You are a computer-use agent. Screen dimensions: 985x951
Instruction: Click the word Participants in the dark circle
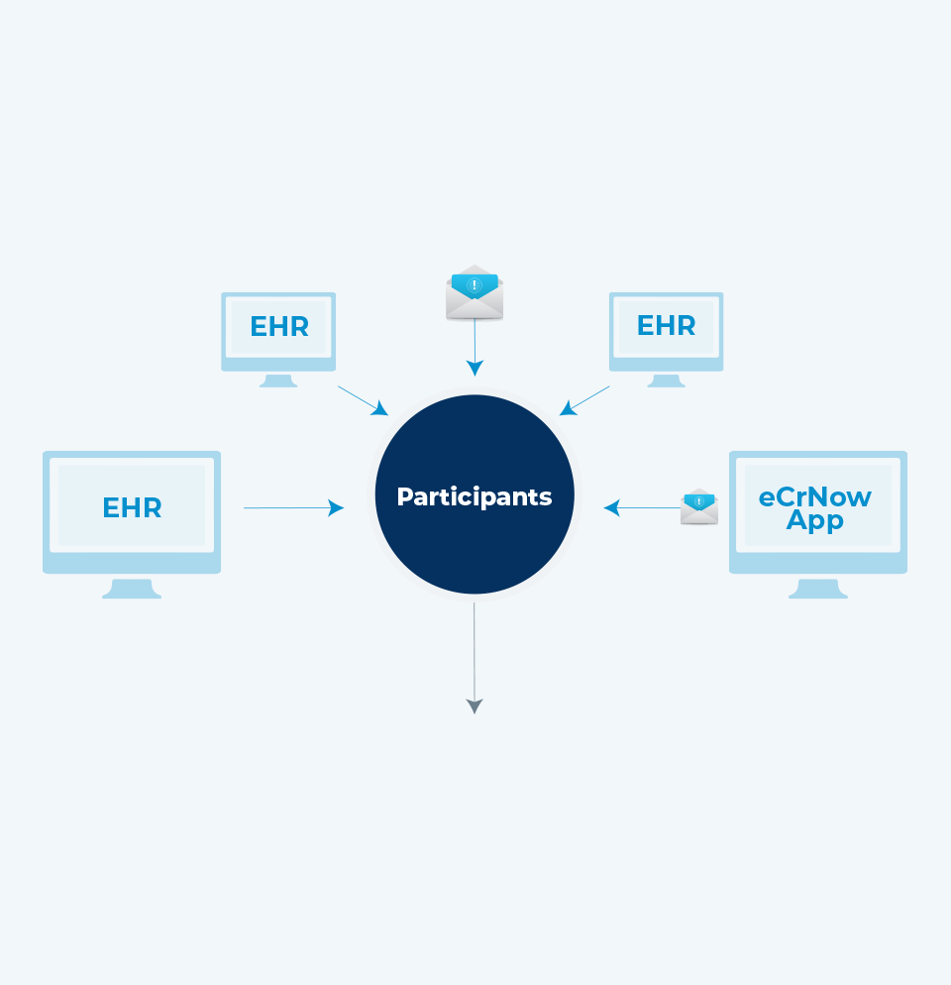474,496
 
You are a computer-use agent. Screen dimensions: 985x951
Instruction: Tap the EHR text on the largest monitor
132,508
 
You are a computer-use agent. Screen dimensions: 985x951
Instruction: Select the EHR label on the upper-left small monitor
279,327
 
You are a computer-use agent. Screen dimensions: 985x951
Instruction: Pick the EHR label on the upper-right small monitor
666,325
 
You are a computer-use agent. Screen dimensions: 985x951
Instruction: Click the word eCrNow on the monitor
815,496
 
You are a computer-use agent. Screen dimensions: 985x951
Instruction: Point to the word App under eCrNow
815,520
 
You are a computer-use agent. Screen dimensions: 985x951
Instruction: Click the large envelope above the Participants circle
475,292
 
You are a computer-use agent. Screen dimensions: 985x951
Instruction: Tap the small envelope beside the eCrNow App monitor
699,506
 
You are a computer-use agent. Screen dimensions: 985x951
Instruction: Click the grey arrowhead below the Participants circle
475,706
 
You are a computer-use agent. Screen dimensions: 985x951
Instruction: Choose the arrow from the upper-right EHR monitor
584,400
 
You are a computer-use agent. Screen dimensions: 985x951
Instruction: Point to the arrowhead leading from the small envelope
611,508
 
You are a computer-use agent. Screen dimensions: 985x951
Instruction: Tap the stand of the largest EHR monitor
132,589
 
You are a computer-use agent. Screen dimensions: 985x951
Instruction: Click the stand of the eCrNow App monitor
818,589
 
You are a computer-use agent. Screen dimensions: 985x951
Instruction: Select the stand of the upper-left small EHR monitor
278,381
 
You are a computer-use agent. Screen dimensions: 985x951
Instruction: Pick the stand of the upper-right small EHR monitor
666,381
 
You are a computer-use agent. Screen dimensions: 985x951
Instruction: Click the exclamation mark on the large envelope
475,285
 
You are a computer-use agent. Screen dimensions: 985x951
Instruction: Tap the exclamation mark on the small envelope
699,502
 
